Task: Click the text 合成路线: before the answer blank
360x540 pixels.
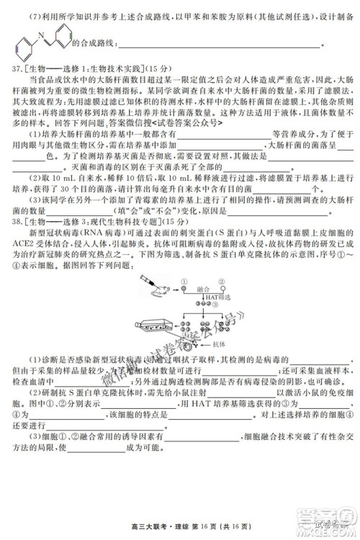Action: coord(94,45)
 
